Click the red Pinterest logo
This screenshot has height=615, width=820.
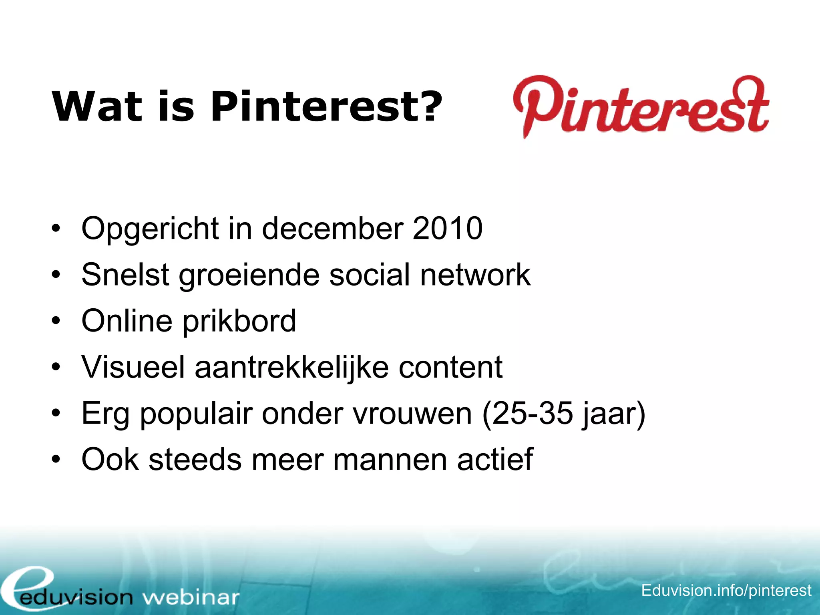[x=641, y=106]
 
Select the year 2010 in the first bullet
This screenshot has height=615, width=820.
[x=447, y=228]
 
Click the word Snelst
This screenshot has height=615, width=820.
[x=125, y=275]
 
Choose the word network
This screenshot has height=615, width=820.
[x=475, y=275]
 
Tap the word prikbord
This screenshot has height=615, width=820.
[x=239, y=321]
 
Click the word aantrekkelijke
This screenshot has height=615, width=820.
[x=291, y=367]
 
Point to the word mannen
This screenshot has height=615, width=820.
[x=390, y=460]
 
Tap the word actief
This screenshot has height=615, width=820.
[x=495, y=460]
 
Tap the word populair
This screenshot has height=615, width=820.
[x=196, y=414]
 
